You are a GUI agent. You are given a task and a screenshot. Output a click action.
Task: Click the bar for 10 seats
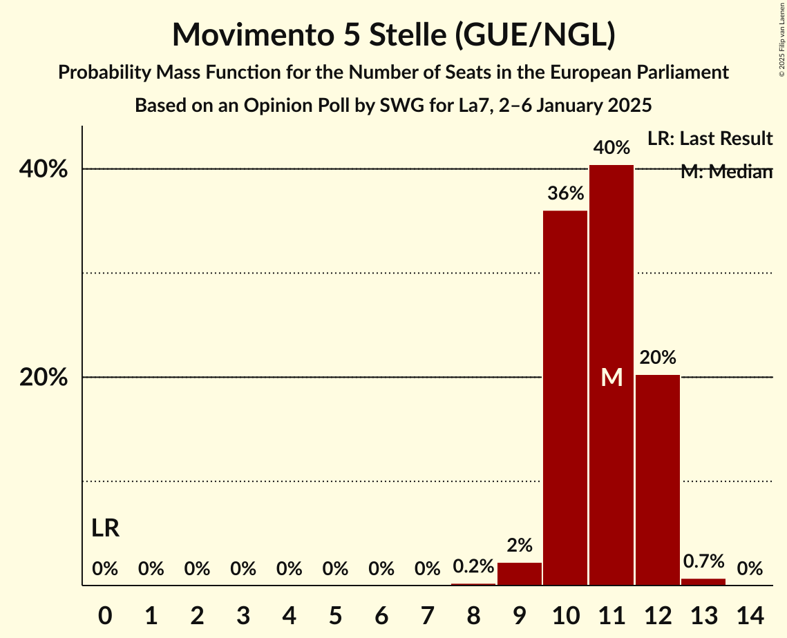565,398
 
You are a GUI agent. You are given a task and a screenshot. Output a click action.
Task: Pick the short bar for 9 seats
520,574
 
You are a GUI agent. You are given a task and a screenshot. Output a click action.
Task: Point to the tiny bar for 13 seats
703,581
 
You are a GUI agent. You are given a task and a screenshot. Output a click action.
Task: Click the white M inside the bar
611,377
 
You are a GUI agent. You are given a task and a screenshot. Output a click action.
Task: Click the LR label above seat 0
106,529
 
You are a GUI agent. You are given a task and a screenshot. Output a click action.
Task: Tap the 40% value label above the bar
611,147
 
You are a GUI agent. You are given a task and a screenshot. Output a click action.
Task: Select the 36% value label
565,194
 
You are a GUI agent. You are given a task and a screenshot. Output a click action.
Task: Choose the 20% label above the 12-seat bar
658,358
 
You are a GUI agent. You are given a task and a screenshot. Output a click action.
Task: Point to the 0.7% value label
703,561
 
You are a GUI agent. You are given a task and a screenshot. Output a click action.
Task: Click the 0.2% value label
473,566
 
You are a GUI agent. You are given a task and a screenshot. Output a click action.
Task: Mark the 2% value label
520,545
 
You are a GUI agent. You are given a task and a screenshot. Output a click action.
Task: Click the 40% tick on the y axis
48,169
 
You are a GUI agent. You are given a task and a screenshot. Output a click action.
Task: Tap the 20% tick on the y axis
48,378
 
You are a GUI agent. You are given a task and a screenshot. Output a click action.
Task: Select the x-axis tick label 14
750,615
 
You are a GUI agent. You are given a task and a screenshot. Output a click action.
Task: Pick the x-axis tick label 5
335,615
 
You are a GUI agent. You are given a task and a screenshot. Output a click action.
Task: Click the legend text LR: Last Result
710,139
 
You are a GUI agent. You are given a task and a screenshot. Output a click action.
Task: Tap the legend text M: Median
726,172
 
